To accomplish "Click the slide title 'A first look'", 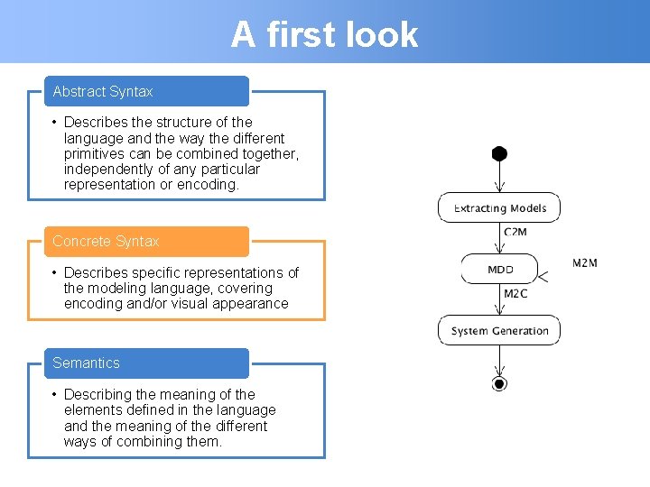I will (324, 34).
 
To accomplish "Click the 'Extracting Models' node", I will (499, 208).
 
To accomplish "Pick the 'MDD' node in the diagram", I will (499, 269).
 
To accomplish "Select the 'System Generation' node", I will (499, 330).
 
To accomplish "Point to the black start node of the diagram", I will (499, 153).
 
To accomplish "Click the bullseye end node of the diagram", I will (499, 383).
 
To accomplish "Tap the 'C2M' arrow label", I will (515, 233).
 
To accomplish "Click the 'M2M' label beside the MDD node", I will (585, 263).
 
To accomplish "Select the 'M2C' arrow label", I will (515, 294).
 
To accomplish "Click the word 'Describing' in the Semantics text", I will (97, 394).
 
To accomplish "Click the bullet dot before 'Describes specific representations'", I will (55, 272).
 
